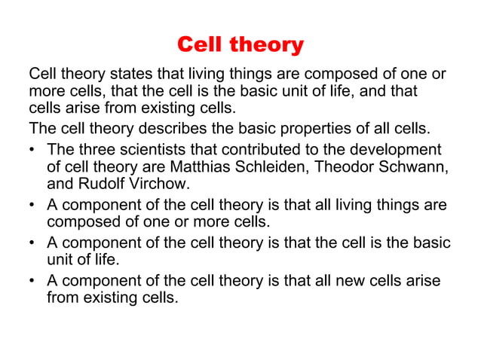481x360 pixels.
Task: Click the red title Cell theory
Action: (240, 45)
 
